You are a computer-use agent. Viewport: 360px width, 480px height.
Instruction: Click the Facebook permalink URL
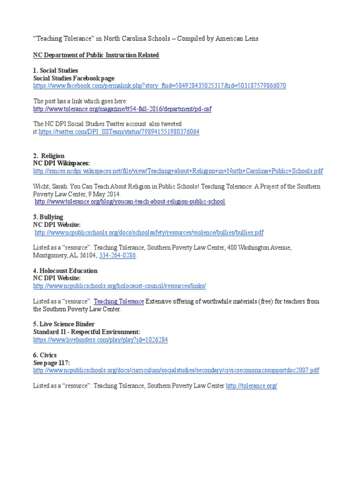tap(159, 86)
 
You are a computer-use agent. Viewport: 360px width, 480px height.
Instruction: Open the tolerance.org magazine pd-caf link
tap(122, 109)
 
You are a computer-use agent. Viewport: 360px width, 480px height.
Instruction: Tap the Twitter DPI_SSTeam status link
tap(119, 132)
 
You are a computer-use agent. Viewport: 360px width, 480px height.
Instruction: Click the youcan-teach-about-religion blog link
tap(130, 202)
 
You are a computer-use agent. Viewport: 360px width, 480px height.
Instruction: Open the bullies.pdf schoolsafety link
tap(149, 232)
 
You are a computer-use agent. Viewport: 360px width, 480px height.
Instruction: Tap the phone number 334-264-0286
tap(118, 255)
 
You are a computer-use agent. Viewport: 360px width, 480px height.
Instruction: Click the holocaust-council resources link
tap(120, 286)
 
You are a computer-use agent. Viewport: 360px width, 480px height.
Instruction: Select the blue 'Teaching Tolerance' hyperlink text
tap(119, 301)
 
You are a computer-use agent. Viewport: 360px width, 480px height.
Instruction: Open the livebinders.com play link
tap(100, 339)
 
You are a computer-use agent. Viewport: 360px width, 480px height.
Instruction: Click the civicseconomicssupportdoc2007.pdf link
tap(176, 370)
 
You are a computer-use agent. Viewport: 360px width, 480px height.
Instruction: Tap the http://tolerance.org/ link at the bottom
tap(252, 385)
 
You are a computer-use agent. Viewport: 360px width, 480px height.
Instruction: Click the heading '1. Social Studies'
tap(55, 70)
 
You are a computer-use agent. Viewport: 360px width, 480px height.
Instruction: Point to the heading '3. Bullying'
tap(48, 217)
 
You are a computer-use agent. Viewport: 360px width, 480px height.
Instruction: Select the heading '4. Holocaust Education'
tap(65, 270)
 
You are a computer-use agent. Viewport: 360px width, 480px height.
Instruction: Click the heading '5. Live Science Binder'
tap(63, 324)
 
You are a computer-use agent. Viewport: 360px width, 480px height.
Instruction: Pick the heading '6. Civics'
tap(45, 355)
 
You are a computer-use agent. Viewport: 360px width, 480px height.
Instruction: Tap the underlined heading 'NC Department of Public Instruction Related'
tap(96, 55)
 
